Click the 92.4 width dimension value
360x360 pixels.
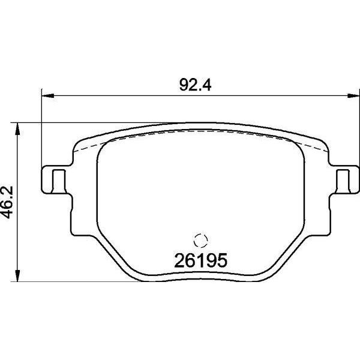[195, 85]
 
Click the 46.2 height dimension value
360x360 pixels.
[7, 202]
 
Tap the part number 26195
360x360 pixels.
[200, 260]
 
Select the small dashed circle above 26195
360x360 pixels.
[200, 241]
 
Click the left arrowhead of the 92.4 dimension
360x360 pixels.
[48, 96]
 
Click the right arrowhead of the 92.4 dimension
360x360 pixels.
[353, 96]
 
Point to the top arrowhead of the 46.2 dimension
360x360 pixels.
[17, 129]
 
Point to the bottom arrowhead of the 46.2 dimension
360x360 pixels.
[17, 275]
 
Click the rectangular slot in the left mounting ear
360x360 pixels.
[59, 181]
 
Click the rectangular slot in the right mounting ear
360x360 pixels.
[343, 181]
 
